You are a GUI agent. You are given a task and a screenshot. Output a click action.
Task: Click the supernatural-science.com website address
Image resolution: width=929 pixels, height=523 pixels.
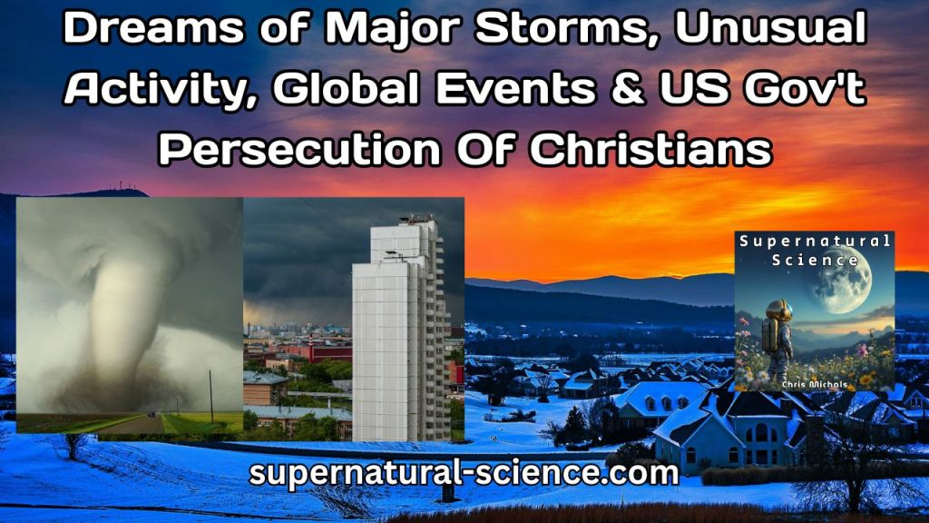(464, 473)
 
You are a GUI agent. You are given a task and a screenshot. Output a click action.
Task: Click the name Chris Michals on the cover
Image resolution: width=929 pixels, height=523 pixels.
(815, 384)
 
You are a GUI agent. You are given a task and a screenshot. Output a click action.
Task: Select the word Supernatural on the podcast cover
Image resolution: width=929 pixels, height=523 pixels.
(815, 242)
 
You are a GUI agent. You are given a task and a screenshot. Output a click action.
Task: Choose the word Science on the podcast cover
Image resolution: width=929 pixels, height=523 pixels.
(815, 260)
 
